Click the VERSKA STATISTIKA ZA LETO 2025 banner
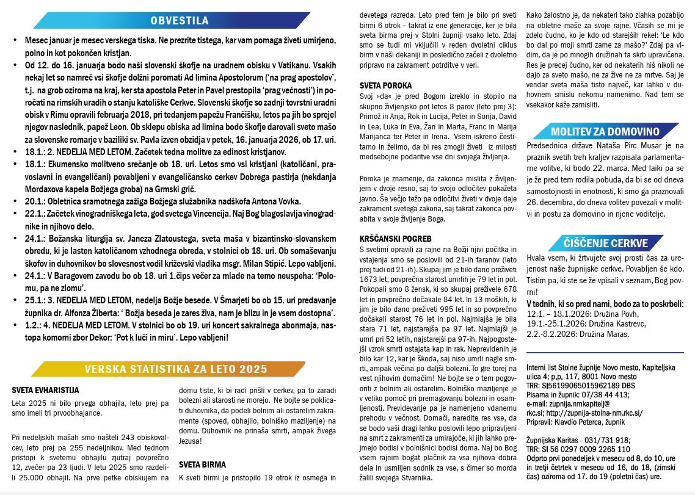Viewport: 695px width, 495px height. click(x=176, y=369)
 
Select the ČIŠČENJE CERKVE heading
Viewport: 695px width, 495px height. click(x=597, y=244)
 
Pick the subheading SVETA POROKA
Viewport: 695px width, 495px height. click(x=385, y=86)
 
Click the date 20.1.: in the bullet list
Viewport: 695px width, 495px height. click(x=34, y=201)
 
